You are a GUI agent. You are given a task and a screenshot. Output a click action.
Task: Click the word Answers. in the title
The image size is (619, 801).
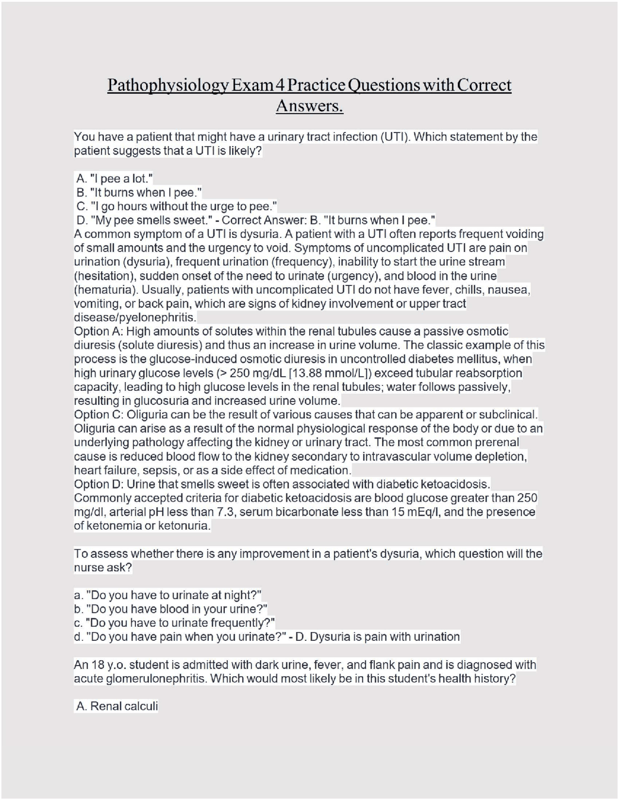[309, 105]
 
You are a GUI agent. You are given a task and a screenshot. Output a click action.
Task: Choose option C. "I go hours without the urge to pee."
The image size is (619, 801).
[177, 207]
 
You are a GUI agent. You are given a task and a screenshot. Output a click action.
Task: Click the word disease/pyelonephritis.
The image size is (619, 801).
[135, 318]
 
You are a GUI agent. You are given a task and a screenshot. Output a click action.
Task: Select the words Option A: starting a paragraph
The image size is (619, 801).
[98, 332]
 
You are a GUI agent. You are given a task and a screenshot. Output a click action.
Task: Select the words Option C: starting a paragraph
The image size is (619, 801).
[99, 415]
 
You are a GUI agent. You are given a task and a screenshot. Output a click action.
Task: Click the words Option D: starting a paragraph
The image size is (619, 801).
[99, 484]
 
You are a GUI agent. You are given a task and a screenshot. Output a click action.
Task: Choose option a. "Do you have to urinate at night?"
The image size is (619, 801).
[168, 595]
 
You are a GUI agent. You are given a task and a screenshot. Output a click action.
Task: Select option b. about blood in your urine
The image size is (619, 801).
[171, 609]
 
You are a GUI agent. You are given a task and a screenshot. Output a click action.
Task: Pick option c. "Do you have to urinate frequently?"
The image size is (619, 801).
[174, 623]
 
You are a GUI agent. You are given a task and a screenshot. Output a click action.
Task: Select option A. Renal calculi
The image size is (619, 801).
[117, 707]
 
